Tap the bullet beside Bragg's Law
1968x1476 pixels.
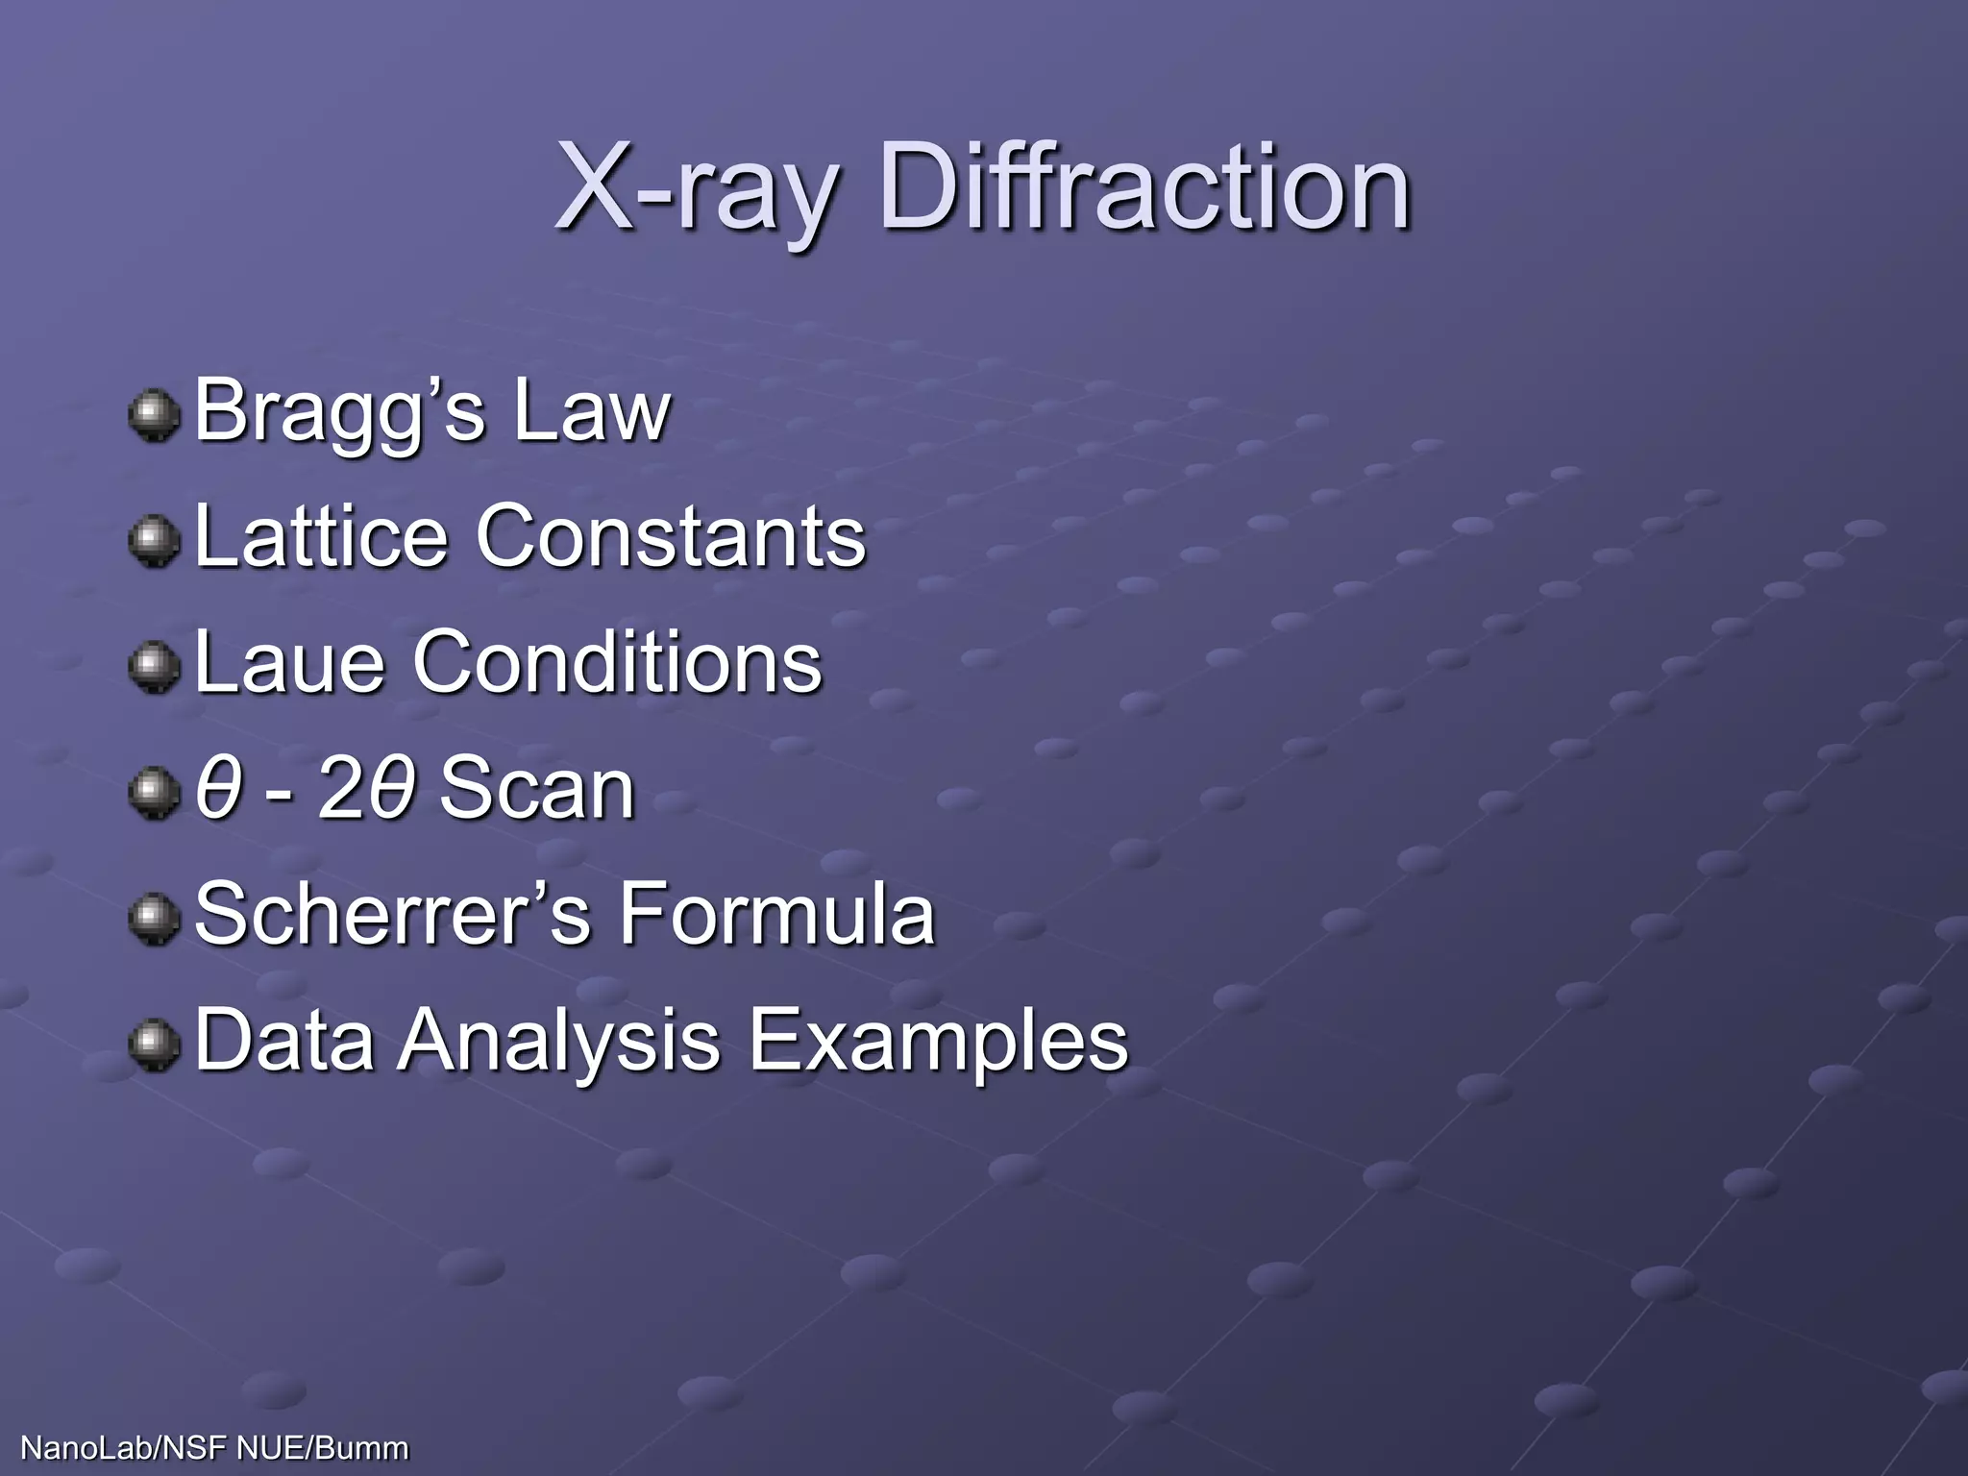(154, 416)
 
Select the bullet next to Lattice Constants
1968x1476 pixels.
(154, 542)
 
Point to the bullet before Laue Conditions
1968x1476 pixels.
(154, 668)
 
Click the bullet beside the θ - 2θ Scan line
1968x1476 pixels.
(154, 794)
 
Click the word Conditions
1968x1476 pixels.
(617, 662)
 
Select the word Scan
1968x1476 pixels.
(537, 789)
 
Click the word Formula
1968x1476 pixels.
(776, 914)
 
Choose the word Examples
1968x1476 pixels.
(938, 1042)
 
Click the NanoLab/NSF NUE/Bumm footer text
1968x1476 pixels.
(214, 1448)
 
